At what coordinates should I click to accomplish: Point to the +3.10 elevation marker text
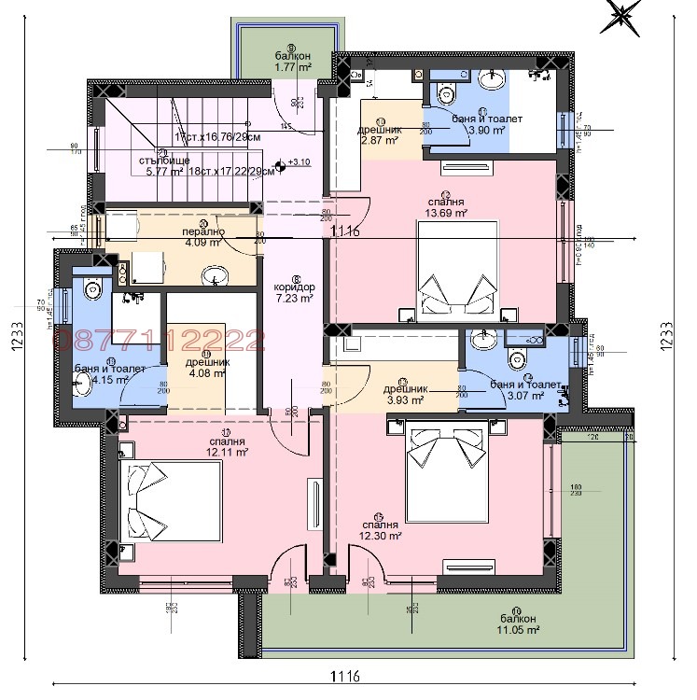click(300, 163)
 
